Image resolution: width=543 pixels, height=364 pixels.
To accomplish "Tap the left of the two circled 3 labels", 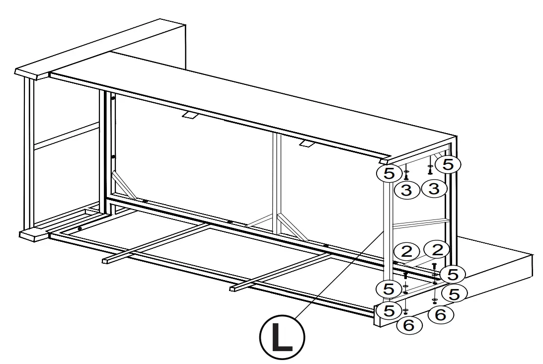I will click(406, 190).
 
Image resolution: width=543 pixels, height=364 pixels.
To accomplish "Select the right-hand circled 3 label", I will click(434, 189).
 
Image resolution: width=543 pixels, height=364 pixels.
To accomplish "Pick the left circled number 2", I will click(406, 251).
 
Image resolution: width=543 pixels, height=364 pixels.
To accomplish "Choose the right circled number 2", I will click(437, 249).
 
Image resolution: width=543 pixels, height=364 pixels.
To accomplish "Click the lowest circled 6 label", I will click(410, 325).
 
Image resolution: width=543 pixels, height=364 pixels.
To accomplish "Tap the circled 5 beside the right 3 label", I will click(448, 164).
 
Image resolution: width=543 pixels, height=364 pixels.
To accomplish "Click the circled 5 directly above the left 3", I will click(389, 173).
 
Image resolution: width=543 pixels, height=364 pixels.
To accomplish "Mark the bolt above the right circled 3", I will click(430, 170).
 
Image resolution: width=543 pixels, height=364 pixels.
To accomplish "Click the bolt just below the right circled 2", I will click(434, 267).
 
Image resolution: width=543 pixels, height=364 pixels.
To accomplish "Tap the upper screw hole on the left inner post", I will click(114, 98).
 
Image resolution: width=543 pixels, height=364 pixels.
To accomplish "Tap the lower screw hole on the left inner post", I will click(114, 157).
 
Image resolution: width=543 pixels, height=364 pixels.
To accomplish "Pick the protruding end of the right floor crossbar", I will click(233, 288).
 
